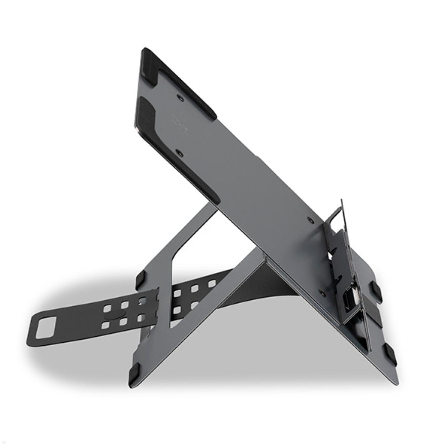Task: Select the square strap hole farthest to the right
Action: tap(212, 284)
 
